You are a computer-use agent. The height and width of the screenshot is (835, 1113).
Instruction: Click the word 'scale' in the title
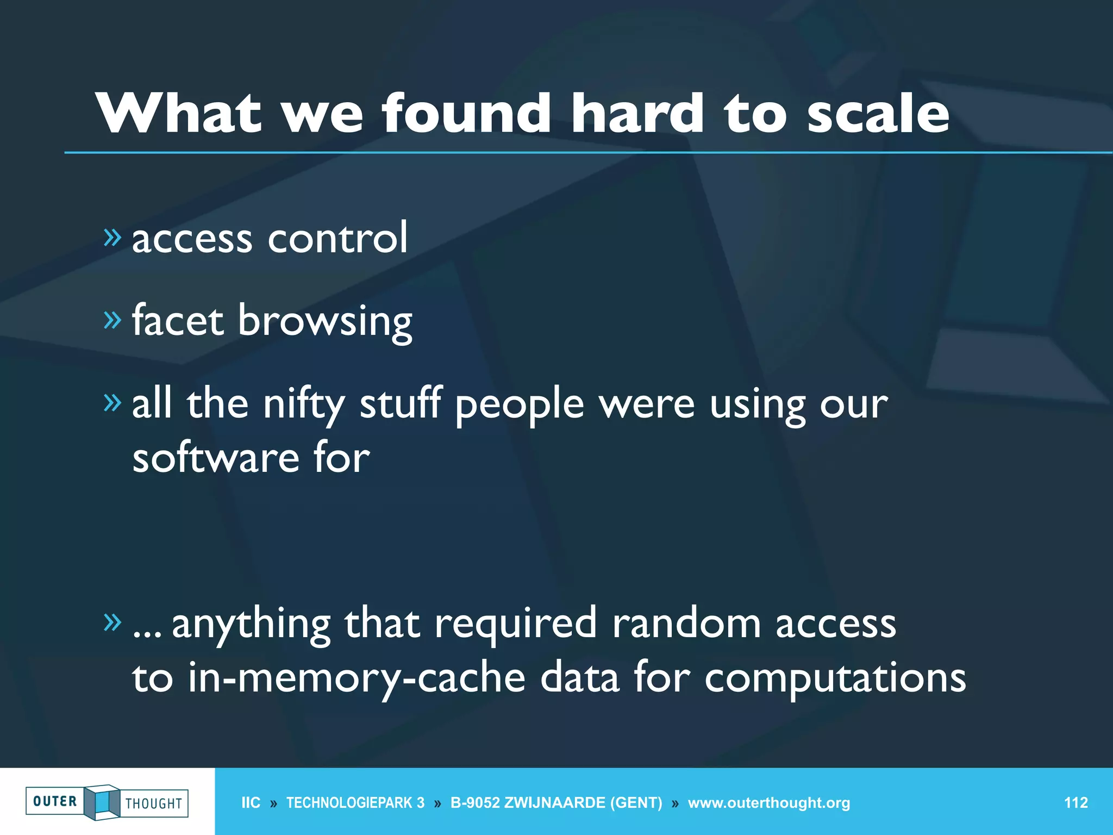(878, 114)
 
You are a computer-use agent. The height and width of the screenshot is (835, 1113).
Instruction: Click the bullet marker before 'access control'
(112, 237)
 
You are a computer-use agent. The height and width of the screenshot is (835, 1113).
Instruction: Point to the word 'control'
(337, 238)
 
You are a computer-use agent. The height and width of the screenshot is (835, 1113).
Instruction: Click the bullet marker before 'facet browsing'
(112, 320)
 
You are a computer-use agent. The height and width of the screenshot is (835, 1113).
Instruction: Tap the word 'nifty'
(304, 405)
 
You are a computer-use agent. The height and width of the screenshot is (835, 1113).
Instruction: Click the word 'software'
(215, 458)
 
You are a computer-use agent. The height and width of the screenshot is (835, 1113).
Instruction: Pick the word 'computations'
(835, 679)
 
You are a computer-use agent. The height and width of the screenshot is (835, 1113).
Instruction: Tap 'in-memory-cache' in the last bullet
(357, 679)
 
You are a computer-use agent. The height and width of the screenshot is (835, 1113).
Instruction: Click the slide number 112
(1076, 803)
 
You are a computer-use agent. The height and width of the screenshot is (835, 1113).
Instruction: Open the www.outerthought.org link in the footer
(768, 803)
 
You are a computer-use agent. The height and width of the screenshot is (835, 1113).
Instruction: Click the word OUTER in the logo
(55, 801)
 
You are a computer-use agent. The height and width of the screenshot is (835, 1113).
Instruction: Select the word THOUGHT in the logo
(154, 803)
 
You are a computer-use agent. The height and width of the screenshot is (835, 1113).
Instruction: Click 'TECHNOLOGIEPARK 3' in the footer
(355, 803)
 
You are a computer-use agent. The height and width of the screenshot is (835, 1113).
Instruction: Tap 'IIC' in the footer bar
(251, 803)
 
